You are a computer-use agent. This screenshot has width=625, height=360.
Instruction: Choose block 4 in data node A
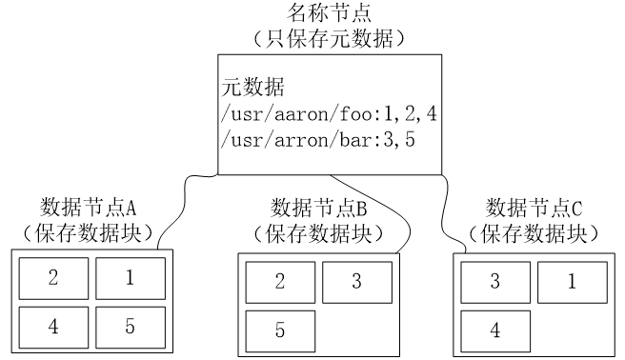[52, 324]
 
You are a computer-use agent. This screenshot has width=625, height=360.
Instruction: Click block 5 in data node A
[130, 324]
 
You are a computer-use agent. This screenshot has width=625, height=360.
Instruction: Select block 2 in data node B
[279, 282]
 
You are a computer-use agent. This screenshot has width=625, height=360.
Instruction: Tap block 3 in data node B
[355, 282]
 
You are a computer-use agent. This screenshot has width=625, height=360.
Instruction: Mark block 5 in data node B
[279, 330]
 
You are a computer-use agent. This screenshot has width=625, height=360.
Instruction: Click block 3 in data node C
[494, 282]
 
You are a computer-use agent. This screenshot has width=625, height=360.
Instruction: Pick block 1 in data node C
[572, 282]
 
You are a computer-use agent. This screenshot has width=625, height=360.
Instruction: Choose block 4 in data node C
[494, 330]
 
